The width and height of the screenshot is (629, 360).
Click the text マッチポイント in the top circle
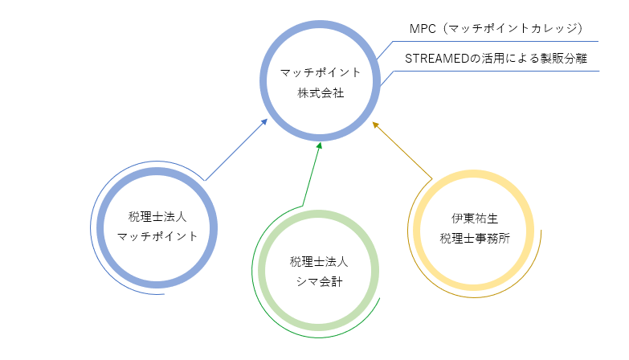click(320, 72)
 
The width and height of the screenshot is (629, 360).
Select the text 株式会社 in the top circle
click(321, 93)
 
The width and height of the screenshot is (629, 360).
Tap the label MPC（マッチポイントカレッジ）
click(496, 28)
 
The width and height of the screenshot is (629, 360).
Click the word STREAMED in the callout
click(436, 59)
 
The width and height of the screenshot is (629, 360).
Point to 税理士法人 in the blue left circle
click(157, 217)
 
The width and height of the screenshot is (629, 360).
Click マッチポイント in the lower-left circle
click(157, 236)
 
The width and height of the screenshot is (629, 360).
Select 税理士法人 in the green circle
click(319, 262)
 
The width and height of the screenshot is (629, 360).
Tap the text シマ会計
click(319, 282)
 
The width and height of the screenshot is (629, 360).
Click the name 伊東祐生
click(475, 219)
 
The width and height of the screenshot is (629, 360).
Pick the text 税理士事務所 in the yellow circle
click(475, 239)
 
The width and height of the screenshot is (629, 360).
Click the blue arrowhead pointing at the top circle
click(264, 121)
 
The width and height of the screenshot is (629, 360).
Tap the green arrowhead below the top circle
click(319, 145)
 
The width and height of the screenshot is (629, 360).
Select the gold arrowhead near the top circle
click(375, 125)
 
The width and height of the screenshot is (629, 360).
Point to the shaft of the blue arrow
click(235, 151)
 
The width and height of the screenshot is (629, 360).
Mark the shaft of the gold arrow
click(404, 152)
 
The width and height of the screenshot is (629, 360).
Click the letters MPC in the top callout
click(423, 29)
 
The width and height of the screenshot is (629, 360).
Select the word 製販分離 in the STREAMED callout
click(564, 59)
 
